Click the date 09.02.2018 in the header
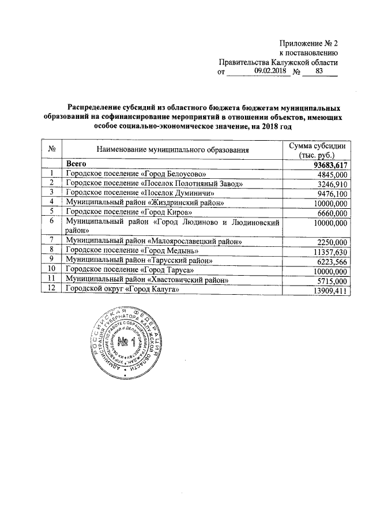(x=270, y=72)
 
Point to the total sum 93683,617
(x=326, y=164)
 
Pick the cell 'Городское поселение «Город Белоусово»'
(x=136, y=174)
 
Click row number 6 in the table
(x=52, y=221)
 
